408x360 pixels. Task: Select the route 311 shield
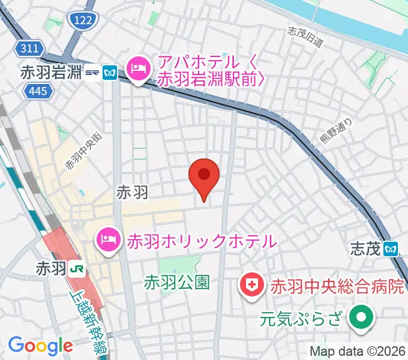28,48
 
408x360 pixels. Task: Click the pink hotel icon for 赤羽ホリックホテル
108,241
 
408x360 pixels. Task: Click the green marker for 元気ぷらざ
361,318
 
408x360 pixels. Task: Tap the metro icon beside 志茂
392,248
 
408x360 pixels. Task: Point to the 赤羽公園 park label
177,283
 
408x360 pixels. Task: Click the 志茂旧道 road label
305,37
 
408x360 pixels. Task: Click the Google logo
40,346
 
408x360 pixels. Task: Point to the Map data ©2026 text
357,351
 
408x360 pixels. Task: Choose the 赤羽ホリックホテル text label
201,241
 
